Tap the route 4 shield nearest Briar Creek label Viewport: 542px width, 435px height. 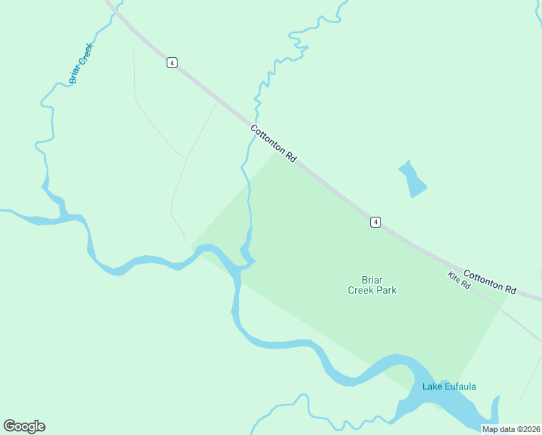point(171,62)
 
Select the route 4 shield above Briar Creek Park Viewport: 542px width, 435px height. point(375,222)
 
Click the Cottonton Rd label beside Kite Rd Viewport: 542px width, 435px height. point(489,282)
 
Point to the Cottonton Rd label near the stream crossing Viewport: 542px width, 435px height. point(274,144)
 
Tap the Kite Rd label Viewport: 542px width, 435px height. point(459,281)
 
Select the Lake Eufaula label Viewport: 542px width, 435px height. point(449,386)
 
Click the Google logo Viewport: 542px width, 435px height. point(24,426)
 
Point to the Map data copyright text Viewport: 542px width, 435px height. point(512,429)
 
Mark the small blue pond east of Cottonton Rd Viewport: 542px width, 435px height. point(412,179)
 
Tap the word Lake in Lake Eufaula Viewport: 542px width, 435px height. point(432,386)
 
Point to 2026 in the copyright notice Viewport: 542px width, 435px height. point(530,429)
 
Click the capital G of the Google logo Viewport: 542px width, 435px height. point(10,426)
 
